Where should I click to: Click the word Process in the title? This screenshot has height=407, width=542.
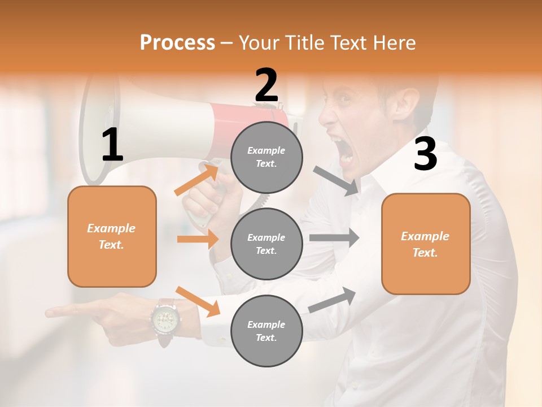pos(177,43)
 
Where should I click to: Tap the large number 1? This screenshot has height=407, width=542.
pos(112,145)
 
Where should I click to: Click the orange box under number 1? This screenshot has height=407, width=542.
pos(112,236)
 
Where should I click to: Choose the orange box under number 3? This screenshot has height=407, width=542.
pos(426,244)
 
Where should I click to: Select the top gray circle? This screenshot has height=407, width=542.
pos(266,157)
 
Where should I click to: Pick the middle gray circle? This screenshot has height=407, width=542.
pos(266,244)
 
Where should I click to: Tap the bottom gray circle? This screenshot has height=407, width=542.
pos(266,331)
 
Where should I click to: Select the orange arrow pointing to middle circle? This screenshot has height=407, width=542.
pos(198,239)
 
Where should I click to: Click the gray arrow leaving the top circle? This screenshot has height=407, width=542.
pos(336,181)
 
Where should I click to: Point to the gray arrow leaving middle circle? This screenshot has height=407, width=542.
pos(334,238)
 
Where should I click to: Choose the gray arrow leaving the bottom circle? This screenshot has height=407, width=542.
pos(333,300)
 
